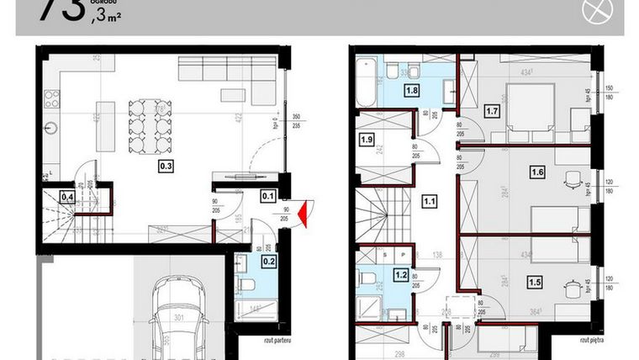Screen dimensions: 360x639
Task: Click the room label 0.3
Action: pos(166,167)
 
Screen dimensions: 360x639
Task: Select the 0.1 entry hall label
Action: pos(269,197)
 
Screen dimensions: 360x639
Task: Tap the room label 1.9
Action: pos(367,140)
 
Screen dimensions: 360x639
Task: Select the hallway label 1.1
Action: pos(430,201)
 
